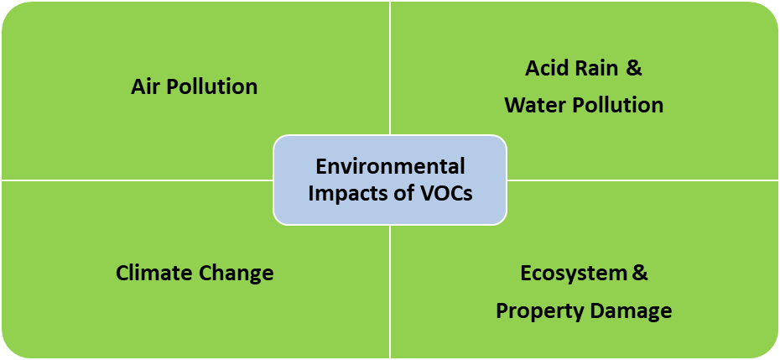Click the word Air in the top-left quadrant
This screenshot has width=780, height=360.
point(147,86)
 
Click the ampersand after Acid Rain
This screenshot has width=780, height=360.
point(634,68)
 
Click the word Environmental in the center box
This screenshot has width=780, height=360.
point(390,166)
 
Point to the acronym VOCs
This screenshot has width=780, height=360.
point(444,193)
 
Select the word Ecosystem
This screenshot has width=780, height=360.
point(574,273)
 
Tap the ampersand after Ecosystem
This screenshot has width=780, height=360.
point(639,273)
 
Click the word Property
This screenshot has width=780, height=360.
point(533,310)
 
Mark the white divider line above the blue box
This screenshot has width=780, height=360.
point(390,67)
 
